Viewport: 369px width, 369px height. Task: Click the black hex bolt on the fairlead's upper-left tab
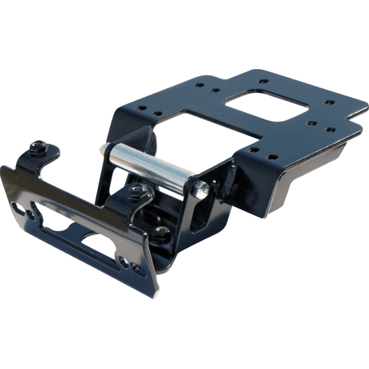39,148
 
